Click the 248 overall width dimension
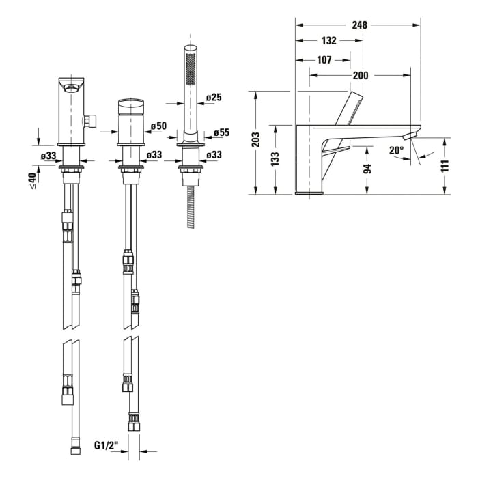point(359,25)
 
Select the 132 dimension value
point(329,40)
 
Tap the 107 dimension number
point(324,60)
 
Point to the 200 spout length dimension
point(361,75)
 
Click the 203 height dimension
point(256,139)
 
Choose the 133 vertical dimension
point(275,159)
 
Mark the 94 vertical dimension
point(368,169)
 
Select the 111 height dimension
point(445,166)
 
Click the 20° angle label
point(396,150)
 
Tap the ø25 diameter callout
point(214,97)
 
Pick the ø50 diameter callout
point(159,126)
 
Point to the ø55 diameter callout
point(222,132)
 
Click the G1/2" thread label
point(106,445)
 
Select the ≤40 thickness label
point(32,180)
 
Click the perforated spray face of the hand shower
point(191,68)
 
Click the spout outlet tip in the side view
point(410,136)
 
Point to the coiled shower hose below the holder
point(191,207)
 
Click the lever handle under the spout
point(337,150)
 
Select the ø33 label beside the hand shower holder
point(214,155)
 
